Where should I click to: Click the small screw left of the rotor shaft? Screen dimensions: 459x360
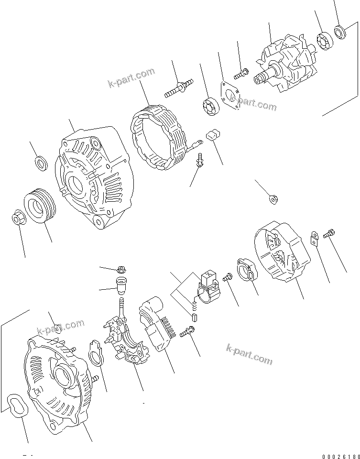pos(240,74)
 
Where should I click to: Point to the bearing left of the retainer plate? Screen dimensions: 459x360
pos(209,106)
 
